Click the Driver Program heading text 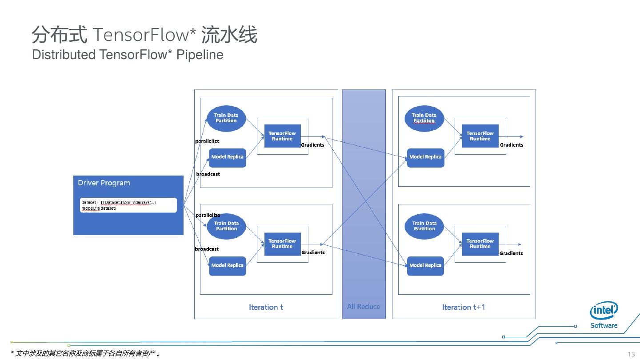pos(104,183)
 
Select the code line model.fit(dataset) pos(99,208)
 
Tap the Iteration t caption pos(266,307)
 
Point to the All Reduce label pos(364,307)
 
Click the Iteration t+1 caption pos(463,307)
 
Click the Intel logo pos(604,310)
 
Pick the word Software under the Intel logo pos(604,325)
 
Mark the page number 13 pos(631,354)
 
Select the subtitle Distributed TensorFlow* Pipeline pos(128,55)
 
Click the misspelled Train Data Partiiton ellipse pos(424,118)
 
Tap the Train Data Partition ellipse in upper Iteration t pos(226,118)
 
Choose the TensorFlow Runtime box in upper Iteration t pos(282,136)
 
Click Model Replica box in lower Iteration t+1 pos(425,265)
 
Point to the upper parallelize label pos(208,141)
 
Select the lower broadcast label pos(207,249)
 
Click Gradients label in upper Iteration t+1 pos(512,145)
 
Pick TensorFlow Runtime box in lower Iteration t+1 pos(480,244)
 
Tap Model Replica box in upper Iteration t pos(227,157)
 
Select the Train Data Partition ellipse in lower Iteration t pos(227,226)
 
